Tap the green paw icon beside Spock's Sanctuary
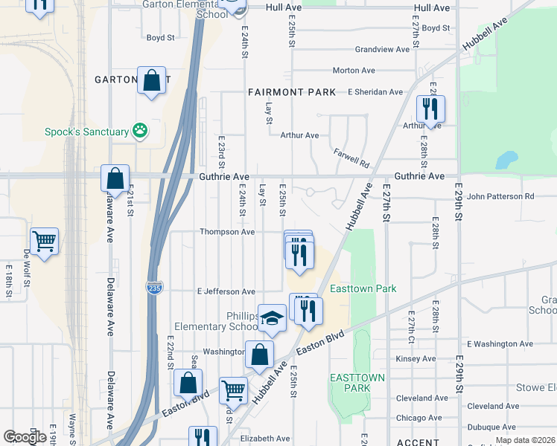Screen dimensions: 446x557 [x=139, y=132]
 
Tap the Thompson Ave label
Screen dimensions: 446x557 [x=227, y=232]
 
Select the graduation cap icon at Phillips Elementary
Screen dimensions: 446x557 [x=273, y=318]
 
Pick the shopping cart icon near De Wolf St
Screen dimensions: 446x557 [x=45, y=241]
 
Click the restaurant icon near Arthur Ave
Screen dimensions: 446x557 [x=430, y=109]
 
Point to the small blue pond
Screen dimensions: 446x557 [x=506, y=160]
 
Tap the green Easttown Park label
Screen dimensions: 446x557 [x=364, y=288]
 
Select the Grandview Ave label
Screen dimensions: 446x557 [x=382, y=50]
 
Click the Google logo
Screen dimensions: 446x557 [x=25, y=437]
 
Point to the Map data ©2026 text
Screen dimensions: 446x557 [x=525, y=440]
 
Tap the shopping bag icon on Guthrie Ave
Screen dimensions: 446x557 [x=115, y=178]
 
